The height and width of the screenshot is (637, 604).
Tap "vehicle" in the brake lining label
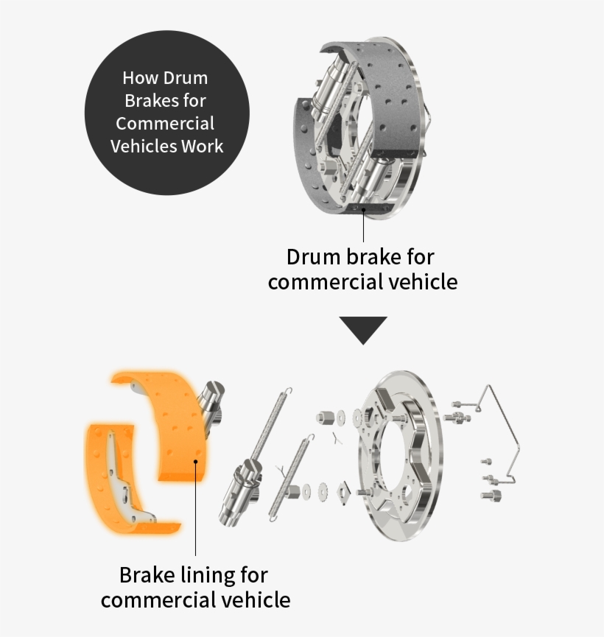point(255,599)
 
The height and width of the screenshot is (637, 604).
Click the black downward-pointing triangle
point(362,329)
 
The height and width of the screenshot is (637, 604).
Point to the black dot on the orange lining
point(196,462)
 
